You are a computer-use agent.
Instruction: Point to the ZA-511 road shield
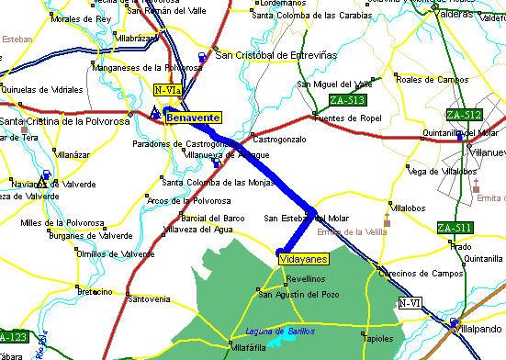click(x=455, y=228)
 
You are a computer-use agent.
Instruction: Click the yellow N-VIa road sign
click(x=164, y=89)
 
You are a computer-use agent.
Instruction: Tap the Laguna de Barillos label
click(x=280, y=331)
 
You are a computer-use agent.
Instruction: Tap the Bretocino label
click(x=94, y=291)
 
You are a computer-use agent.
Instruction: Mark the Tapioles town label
click(x=379, y=337)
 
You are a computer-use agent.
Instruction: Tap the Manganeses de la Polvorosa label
click(x=132, y=67)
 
